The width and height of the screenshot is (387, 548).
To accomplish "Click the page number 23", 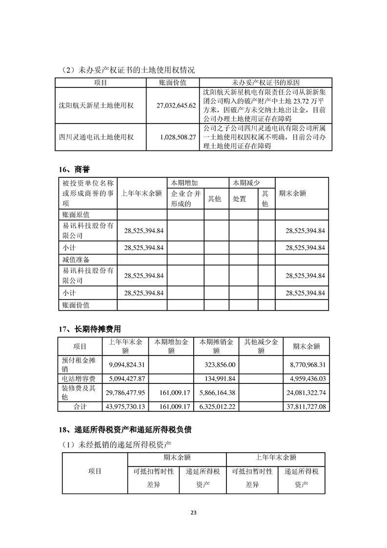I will tap(193, 512).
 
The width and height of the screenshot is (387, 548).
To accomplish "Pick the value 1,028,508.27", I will tap(174, 137).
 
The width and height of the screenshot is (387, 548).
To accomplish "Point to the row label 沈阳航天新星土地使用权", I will tap(96, 105).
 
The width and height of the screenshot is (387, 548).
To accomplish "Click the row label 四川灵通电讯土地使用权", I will tap(96, 137).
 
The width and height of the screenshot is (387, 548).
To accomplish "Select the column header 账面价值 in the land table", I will tap(173, 83).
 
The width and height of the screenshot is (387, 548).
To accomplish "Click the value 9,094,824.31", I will tap(125, 364).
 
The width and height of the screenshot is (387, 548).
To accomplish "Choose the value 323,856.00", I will tap(219, 364).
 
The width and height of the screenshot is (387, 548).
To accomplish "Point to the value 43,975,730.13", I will tap(125, 406).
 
